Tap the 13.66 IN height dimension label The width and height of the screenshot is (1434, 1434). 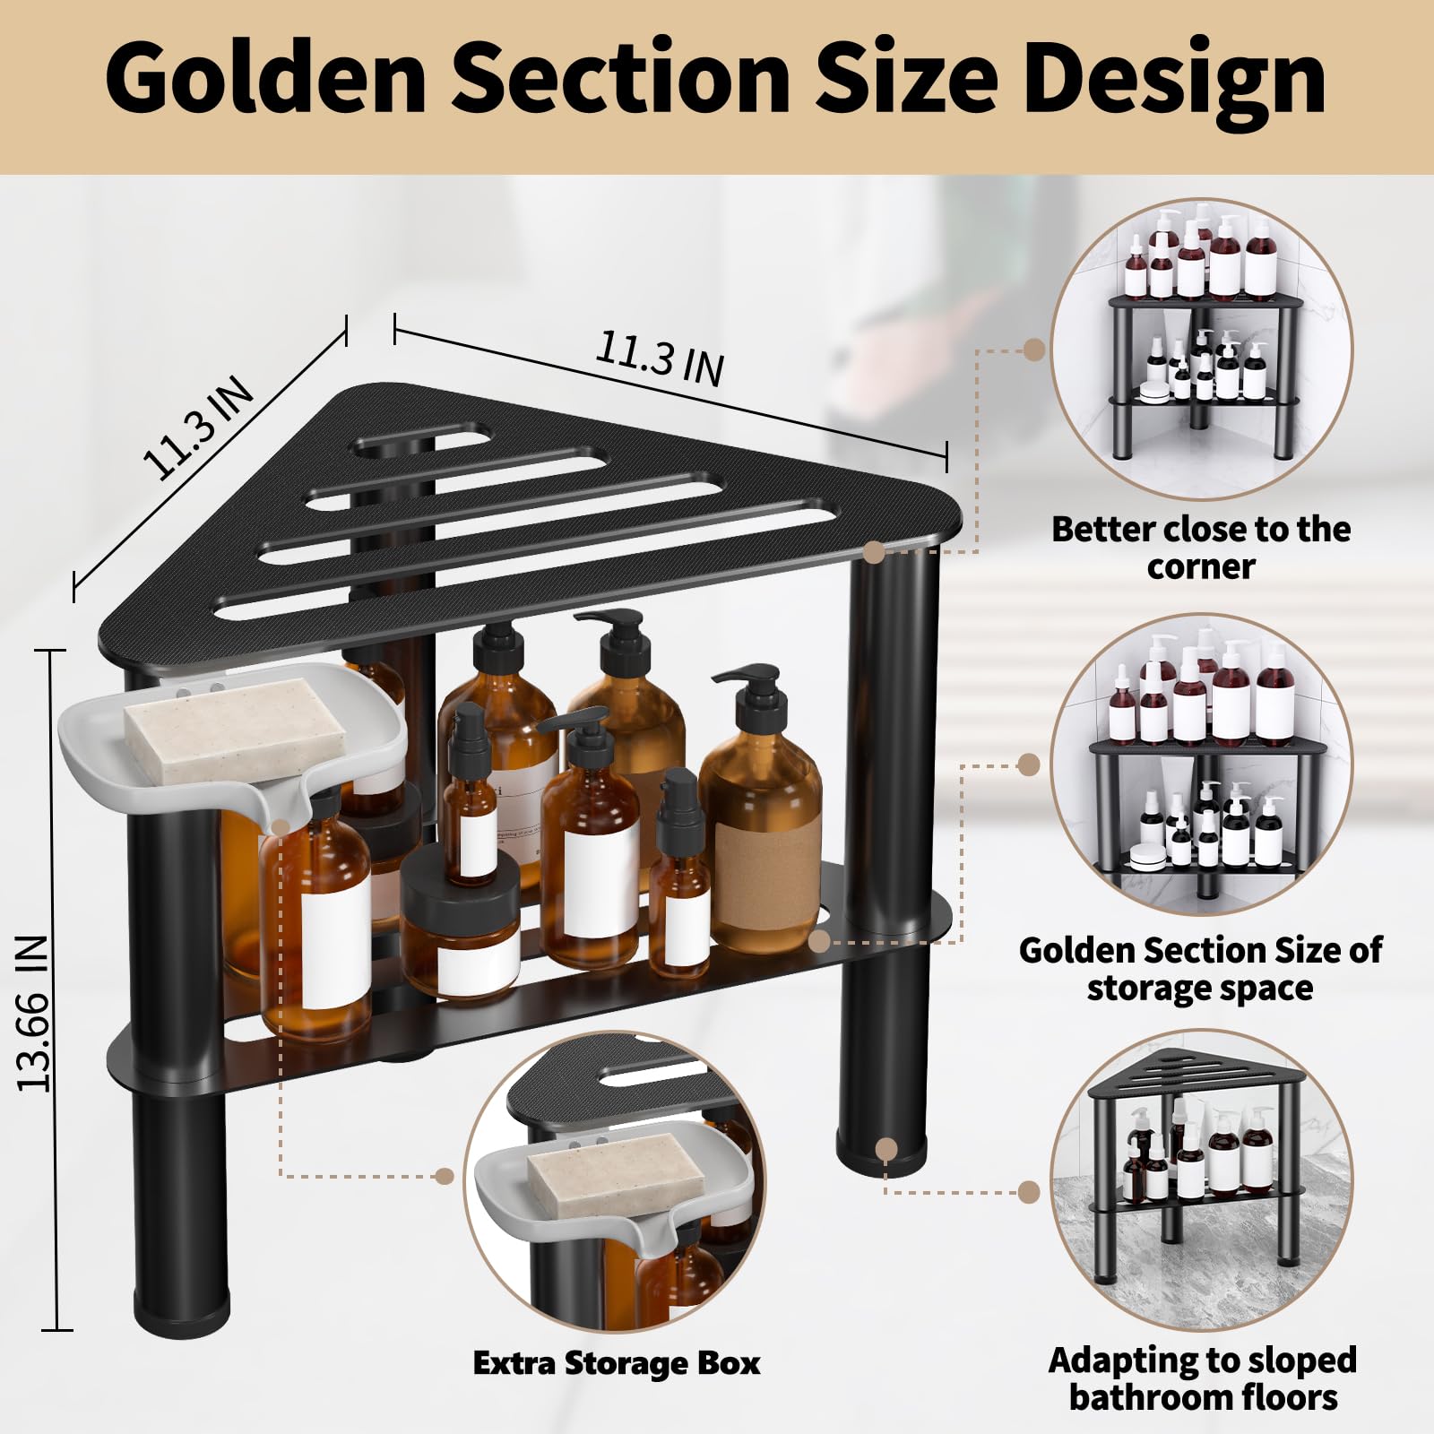click(33, 1013)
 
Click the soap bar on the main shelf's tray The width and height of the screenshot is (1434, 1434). click(235, 730)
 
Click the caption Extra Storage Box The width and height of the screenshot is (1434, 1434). click(617, 1363)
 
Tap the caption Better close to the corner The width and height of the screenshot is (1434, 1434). click(1201, 547)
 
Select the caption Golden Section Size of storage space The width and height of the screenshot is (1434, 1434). click(1200, 969)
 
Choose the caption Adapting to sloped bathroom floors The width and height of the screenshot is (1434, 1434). click(1203, 1378)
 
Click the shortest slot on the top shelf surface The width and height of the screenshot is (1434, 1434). click(420, 441)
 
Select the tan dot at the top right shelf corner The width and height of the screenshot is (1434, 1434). click(874, 552)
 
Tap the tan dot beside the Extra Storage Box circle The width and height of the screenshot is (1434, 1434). click(445, 1176)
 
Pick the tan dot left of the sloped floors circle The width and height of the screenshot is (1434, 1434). click(1029, 1192)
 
